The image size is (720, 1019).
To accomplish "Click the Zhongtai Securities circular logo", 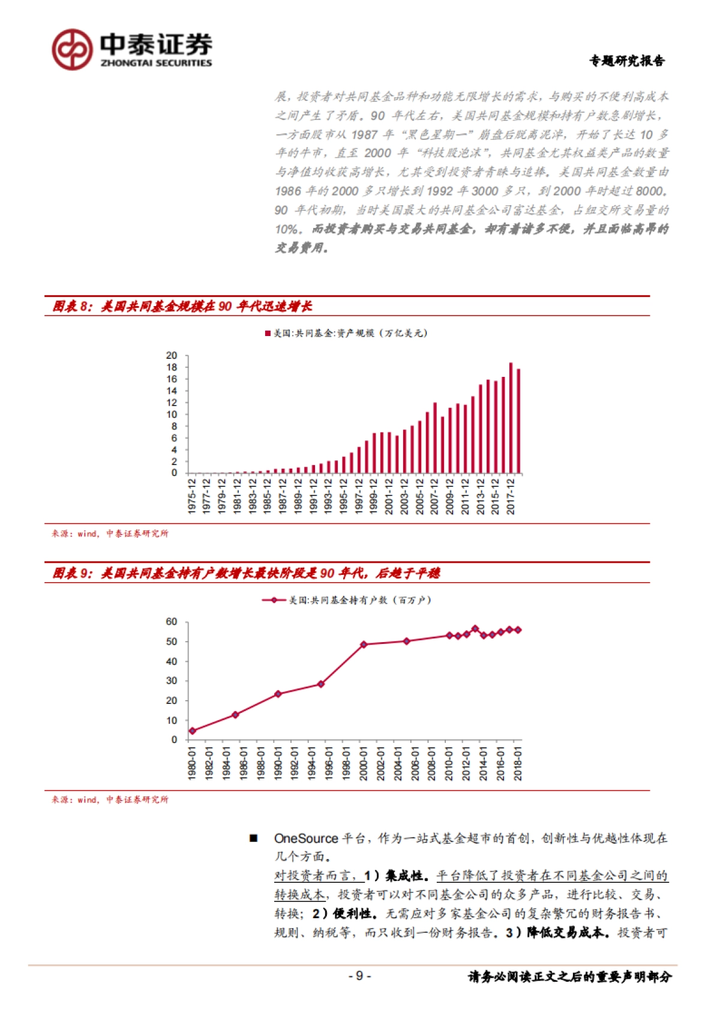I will click(72, 49).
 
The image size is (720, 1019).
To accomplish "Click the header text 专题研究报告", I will click(626, 61).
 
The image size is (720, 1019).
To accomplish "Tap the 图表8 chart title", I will click(182, 306).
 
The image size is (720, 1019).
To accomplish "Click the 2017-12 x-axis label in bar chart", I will click(511, 496).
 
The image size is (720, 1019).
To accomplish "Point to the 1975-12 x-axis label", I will click(192, 496).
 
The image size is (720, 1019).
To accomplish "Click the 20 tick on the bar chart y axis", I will click(172, 356).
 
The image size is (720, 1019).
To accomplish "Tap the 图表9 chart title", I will click(246, 573).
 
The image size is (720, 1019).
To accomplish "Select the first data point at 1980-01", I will click(193, 731).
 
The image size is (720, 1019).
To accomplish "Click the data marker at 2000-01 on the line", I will click(364, 645).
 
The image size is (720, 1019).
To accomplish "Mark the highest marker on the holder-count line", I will click(475, 629).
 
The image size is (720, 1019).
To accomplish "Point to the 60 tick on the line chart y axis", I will click(172, 622).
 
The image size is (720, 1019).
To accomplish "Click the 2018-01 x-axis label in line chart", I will click(518, 763).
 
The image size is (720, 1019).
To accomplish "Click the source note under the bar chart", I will click(110, 533).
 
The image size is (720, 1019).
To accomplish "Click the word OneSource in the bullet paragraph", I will click(306, 838).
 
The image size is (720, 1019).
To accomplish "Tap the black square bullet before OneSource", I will click(254, 838).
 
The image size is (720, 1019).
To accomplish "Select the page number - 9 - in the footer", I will click(359, 976).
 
